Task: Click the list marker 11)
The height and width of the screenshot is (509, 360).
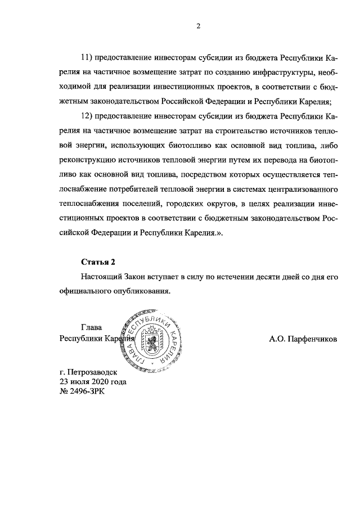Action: (88, 58)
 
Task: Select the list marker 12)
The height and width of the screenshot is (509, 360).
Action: (88, 117)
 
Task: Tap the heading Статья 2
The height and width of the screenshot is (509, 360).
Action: (97, 262)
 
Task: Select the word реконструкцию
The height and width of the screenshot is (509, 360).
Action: (87, 161)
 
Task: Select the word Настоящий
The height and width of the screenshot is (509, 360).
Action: (102, 277)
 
